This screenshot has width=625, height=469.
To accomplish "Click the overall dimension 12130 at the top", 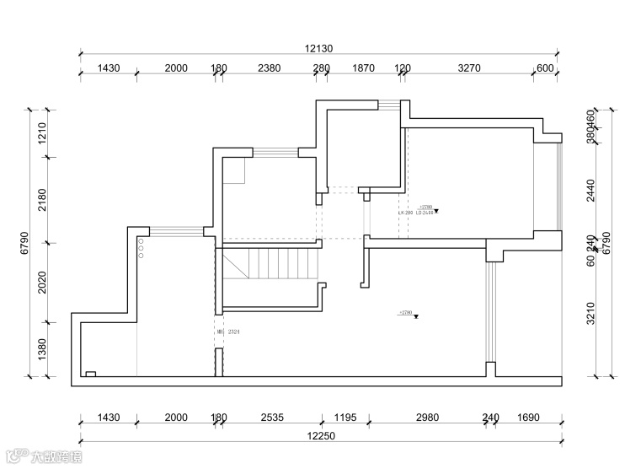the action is coord(318,49).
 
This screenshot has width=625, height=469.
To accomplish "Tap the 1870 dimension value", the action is coord(364,68).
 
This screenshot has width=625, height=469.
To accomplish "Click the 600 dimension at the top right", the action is coord(545,68).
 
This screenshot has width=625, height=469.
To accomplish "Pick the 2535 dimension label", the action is coord(271,418).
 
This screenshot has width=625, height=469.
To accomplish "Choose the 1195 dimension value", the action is coord(345,418).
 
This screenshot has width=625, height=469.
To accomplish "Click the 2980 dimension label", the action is coord(428,418).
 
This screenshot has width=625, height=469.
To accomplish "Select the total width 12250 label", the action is coord(321,435).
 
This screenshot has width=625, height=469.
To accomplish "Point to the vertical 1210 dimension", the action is coord(41,133).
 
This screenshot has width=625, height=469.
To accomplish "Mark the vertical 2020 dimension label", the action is coord(41,283).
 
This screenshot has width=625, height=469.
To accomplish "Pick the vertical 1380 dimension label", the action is coord(41,348).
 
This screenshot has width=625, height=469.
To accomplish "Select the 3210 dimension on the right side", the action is coord(590,313).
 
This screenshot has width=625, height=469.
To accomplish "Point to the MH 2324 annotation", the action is coord(228,332).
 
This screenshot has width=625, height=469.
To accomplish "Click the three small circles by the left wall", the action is coord(141,250).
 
